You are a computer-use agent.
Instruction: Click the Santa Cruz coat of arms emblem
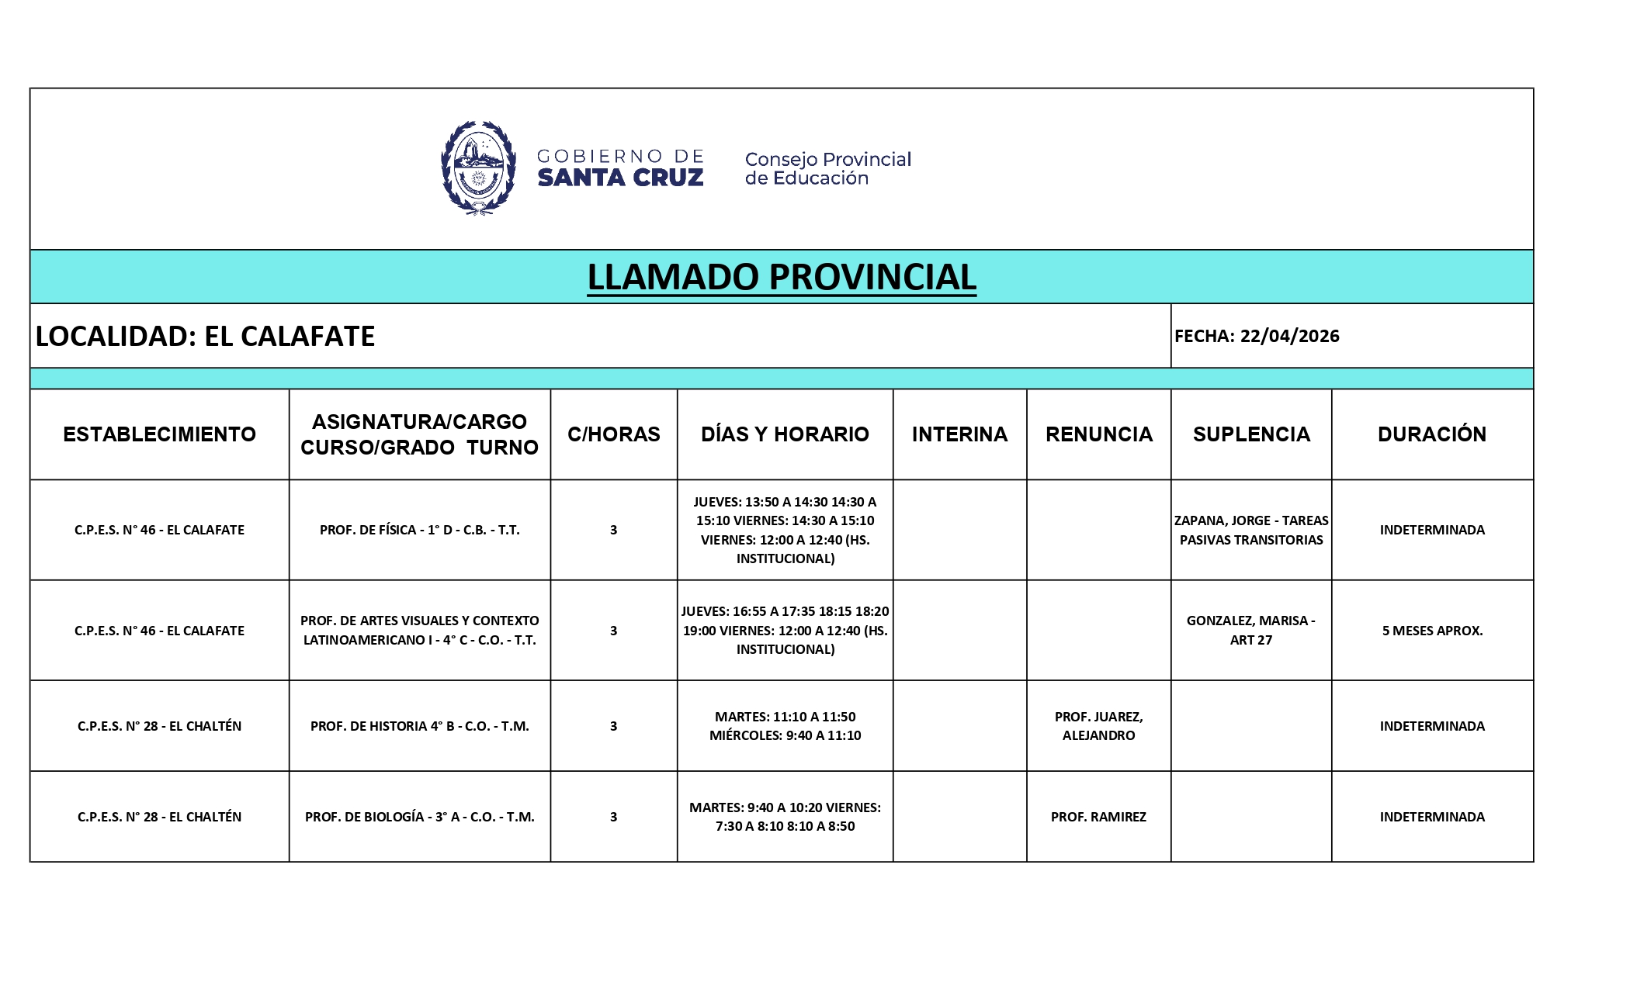pyautogui.click(x=478, y=168)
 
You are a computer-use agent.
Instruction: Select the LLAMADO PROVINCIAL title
pyautogui.click(x=781, y=277)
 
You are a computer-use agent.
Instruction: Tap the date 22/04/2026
pyautogui.click(x=1289, y=336)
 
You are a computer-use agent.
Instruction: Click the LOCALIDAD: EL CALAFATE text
pyautogui.click(x=206, y=336)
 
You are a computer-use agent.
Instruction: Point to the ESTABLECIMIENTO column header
pyautogui.click(x=159, y=434)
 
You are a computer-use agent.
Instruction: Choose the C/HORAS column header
pyautogui.click(x=613, y=434)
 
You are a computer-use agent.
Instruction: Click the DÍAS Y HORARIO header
pyautogui.click(x=785, y=434)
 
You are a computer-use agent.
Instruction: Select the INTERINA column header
pyautogui.click(x=959, y=434)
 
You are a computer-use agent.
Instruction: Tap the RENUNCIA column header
pyautogui.click(x=1098, y=434)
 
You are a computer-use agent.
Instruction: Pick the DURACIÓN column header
pyautogui.click(x=1432, y=434)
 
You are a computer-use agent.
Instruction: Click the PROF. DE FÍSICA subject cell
pyautogui.click(x=419, y=530)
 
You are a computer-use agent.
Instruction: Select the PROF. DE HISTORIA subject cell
pyautogui.click(x=419, y=726)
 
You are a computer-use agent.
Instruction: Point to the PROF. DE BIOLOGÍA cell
pyautogui.click(x=419, y=817)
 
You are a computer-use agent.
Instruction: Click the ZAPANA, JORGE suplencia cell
pyautogui.click(x=1251, y=530)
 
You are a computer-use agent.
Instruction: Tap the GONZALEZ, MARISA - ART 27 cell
pyautogui.click(x=1251, y=630)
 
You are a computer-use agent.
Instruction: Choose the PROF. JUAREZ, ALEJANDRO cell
pyautogui.click(x=1098, y=726)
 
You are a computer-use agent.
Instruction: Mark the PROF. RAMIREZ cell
pyautogui.click(x=1098, y=817)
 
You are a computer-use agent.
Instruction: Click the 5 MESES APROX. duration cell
pyautogui.click(x=1432, y=631)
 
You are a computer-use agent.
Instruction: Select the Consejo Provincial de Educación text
pyautogui.click(x=827, y=168)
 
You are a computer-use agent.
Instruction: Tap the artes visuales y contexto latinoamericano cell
pyautogui.click(x=419, y=630)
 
